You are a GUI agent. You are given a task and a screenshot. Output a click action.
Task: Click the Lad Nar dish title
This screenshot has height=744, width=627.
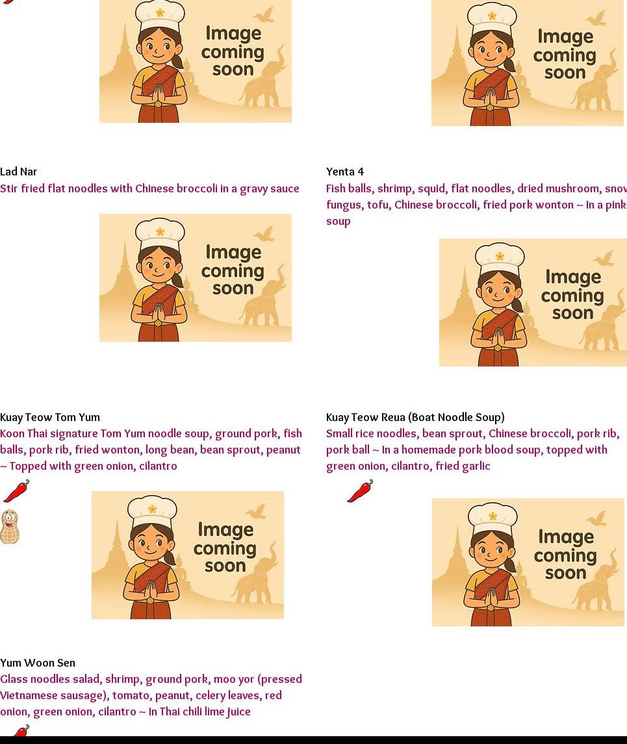(x=18, y=172)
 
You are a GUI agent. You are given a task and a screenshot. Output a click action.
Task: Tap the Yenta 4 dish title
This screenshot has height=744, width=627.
(x=345, y=172)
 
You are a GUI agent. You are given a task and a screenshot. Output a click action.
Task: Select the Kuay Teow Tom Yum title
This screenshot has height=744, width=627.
(x=50, y=418)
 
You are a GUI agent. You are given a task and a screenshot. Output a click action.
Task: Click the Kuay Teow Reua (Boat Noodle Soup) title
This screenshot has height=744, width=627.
(x=415, y=418)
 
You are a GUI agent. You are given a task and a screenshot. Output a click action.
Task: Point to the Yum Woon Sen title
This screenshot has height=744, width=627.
(x=38, y=663)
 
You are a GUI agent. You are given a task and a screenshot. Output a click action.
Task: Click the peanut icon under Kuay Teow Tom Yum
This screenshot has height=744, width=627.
(x=10, y=527)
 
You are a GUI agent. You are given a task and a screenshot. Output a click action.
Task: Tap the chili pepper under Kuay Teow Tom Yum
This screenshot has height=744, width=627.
(x=16, y=491)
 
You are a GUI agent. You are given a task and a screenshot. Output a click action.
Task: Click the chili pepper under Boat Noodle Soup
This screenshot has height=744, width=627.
(x=360, y=491)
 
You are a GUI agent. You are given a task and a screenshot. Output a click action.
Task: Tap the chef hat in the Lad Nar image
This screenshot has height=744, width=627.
(x=160, y=234)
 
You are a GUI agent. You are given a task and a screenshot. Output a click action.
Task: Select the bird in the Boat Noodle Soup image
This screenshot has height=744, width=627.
(x=596, y=518)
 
